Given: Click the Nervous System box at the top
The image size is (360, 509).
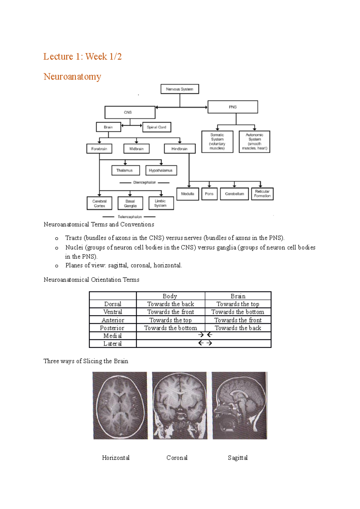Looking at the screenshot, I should point(180,89).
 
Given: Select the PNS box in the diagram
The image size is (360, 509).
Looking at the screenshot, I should point(232,107).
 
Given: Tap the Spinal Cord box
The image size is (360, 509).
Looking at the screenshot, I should point(157,127).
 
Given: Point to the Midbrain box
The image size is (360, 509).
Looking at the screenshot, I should point(136,149).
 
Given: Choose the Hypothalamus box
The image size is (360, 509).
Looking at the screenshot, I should point(161,170).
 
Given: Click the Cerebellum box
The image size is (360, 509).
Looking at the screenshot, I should point(234,194).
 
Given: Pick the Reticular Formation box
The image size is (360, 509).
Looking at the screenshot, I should point(262,194).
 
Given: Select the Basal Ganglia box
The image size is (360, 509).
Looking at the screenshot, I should point(130,204).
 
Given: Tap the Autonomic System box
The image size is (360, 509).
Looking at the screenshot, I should point(254,141).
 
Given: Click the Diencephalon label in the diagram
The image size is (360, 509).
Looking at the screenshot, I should point(145,183).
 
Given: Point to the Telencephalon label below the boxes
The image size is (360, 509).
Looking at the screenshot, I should point(130,217).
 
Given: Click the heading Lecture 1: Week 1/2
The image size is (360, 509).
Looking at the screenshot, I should point(82,56).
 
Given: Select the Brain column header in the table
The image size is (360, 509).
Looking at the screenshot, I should point(238,296).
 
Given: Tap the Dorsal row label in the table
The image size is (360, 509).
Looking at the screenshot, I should point(113,304).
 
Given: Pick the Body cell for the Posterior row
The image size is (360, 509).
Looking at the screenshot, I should point(170,328).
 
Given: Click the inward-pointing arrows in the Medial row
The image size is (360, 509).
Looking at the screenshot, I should point(205,335).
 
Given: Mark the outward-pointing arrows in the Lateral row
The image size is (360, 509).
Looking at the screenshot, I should point(205,343).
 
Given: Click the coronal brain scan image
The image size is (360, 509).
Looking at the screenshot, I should point(180,406).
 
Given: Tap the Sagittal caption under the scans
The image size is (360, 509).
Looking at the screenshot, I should point(238,458).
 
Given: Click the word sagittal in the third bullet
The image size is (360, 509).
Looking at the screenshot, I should point(118,265).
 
